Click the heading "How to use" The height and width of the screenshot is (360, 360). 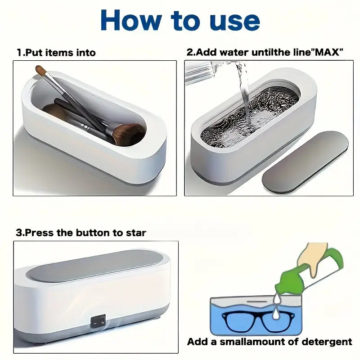[x=180, y=20]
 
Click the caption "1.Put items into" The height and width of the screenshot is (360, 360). [x=56, y=53]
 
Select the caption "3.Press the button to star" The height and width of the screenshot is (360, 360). [x=81, y=233]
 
